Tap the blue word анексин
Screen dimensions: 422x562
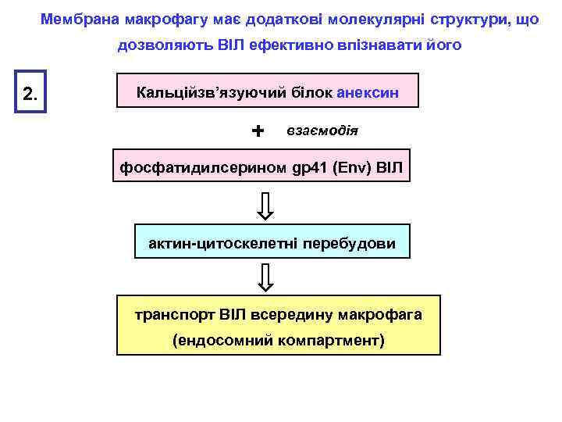pos(368,92)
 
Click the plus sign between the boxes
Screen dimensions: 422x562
pos(258,130)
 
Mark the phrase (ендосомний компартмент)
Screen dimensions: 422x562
pos(279,341)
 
